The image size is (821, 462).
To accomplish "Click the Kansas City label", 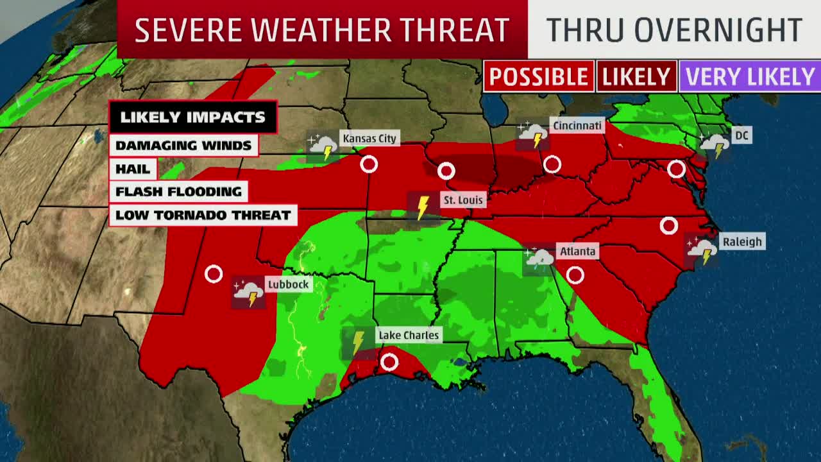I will point(369,138).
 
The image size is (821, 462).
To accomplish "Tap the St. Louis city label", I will point(462,200).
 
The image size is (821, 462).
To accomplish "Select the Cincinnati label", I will point(577,125).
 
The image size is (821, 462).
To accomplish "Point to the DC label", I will point(741,135).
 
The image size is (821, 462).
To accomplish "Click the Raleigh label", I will point(742,242).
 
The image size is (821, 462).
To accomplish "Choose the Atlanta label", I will point(577,251).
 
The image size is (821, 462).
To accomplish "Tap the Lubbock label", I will point(288,284).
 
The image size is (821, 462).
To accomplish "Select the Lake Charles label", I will point(409,335).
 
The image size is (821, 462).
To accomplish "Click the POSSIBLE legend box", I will point(538,77).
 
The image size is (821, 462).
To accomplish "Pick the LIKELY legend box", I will point(636,77).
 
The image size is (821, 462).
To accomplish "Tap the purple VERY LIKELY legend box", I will point(750,77).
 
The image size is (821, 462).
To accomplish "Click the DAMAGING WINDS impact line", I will point(183,145).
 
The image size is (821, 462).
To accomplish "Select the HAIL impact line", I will point(133,169).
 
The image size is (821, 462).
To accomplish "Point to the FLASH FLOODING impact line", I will point(178,191).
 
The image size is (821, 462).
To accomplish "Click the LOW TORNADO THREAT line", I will point(203,215).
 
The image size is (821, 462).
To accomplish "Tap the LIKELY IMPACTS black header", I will point(192,117).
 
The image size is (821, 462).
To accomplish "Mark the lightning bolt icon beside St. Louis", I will point(423,207).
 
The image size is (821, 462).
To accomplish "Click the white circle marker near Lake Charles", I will point(389,363).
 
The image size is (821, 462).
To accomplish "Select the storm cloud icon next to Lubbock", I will point(248,293).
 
